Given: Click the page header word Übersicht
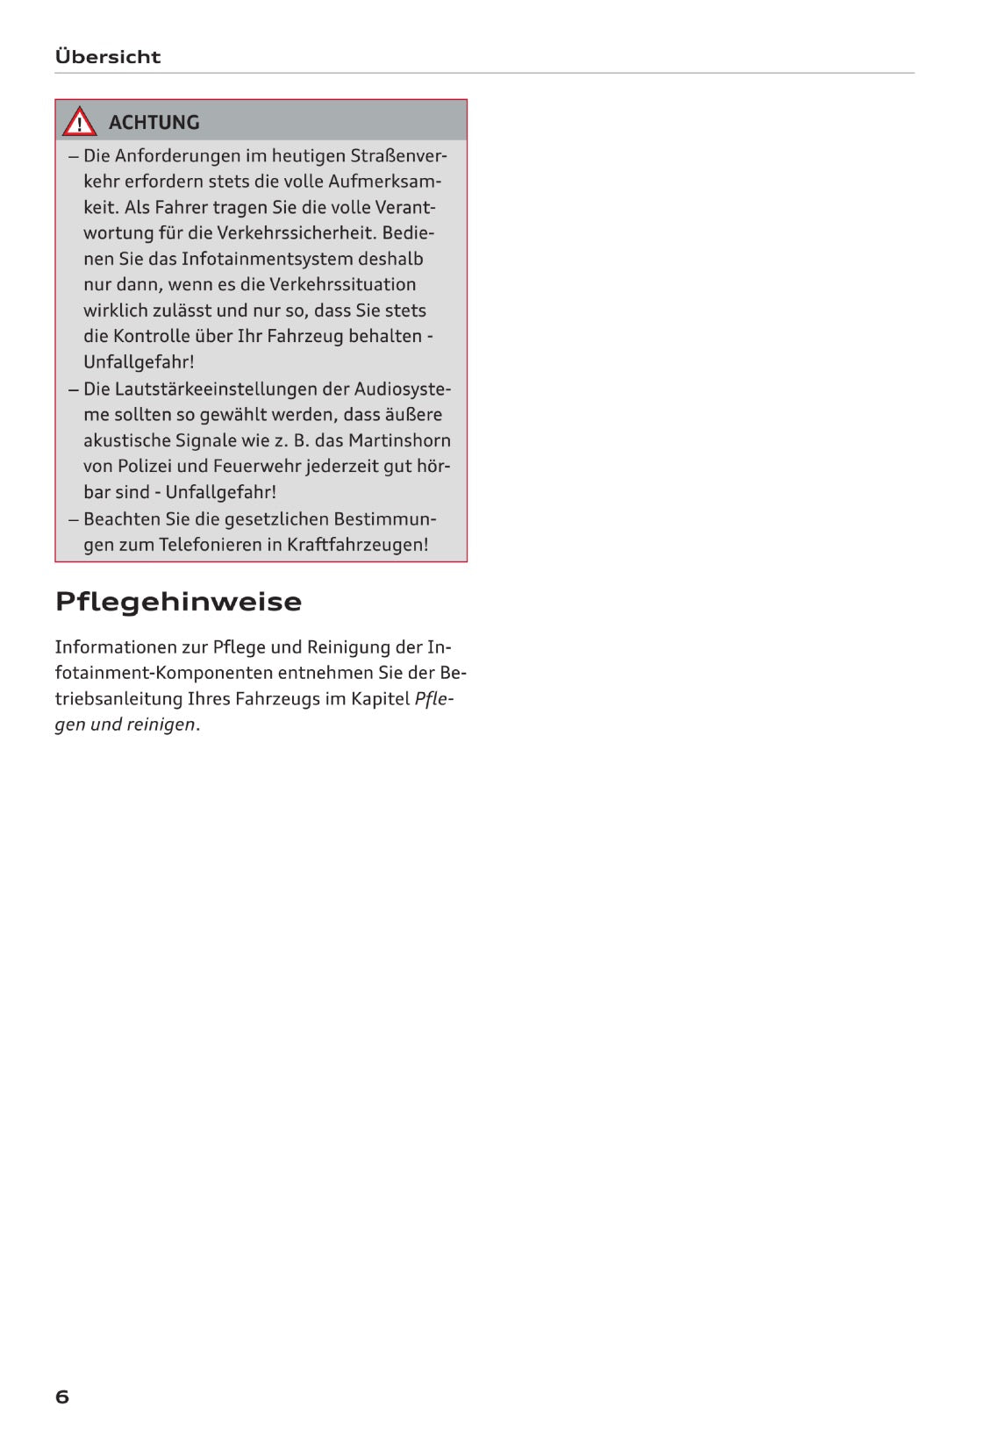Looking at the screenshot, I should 107,57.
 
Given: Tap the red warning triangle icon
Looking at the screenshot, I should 79,122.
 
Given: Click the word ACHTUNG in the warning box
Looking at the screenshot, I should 154,123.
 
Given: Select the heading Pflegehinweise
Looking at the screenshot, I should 178,602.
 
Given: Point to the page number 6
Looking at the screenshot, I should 61,1396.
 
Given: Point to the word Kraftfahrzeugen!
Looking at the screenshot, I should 358,545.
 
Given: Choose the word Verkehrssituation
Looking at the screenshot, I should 342,285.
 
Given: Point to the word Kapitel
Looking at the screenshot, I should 381,699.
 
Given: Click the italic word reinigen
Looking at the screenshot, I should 161,725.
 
